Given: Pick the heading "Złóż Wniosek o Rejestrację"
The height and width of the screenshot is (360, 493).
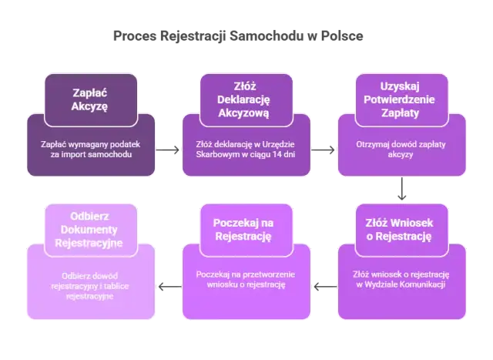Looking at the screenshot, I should tap(398, 229).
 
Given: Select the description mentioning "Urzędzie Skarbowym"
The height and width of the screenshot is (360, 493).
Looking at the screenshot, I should tap(246, 149).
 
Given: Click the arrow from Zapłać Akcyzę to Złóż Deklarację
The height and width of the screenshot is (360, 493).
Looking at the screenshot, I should tap(169, 150).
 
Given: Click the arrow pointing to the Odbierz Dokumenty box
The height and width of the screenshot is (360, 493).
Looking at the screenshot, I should tap(164, 286).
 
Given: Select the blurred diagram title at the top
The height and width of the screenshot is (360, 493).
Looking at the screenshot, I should tap(235, 35).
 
